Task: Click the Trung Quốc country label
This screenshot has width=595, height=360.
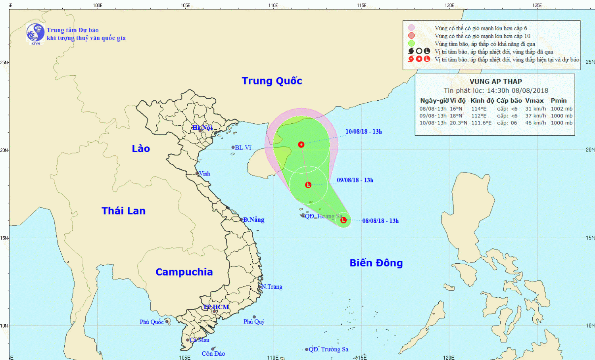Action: click(x=272, y=81)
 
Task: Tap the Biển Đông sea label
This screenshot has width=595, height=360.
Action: click(x=376, y=263)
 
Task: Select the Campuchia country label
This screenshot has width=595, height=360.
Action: click(x=184, y=272)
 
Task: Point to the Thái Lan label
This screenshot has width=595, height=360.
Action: click(x=123, y=211)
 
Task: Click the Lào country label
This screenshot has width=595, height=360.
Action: click(x=141, y=149)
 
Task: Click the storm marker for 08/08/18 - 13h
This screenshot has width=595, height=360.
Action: click(x=344, y=220)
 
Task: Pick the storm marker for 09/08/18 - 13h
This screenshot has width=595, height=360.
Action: click(x=308, y=185)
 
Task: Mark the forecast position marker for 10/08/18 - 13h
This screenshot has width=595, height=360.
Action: click(x=301, y=144)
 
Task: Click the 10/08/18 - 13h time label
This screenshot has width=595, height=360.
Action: click(x=363, y=132)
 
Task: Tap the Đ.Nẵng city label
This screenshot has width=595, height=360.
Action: click(x=254, y=220)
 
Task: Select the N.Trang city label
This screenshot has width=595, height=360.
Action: click(x=272, y=287)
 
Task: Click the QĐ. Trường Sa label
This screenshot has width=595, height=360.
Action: click(x=328, y=349)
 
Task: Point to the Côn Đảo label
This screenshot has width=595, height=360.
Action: click(x=213, y=354)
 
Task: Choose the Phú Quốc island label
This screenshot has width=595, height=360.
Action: click(x=152, y=322)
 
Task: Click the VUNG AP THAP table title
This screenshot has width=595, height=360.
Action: click(x=495, y=82)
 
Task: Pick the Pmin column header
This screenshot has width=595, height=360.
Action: click(x=559, y=101)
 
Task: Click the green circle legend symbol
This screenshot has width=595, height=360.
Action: click(x=411, y=44)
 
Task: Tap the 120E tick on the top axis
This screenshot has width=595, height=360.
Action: click(x=449, y=5)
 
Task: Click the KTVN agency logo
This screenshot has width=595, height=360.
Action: click(x=35, y=33)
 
